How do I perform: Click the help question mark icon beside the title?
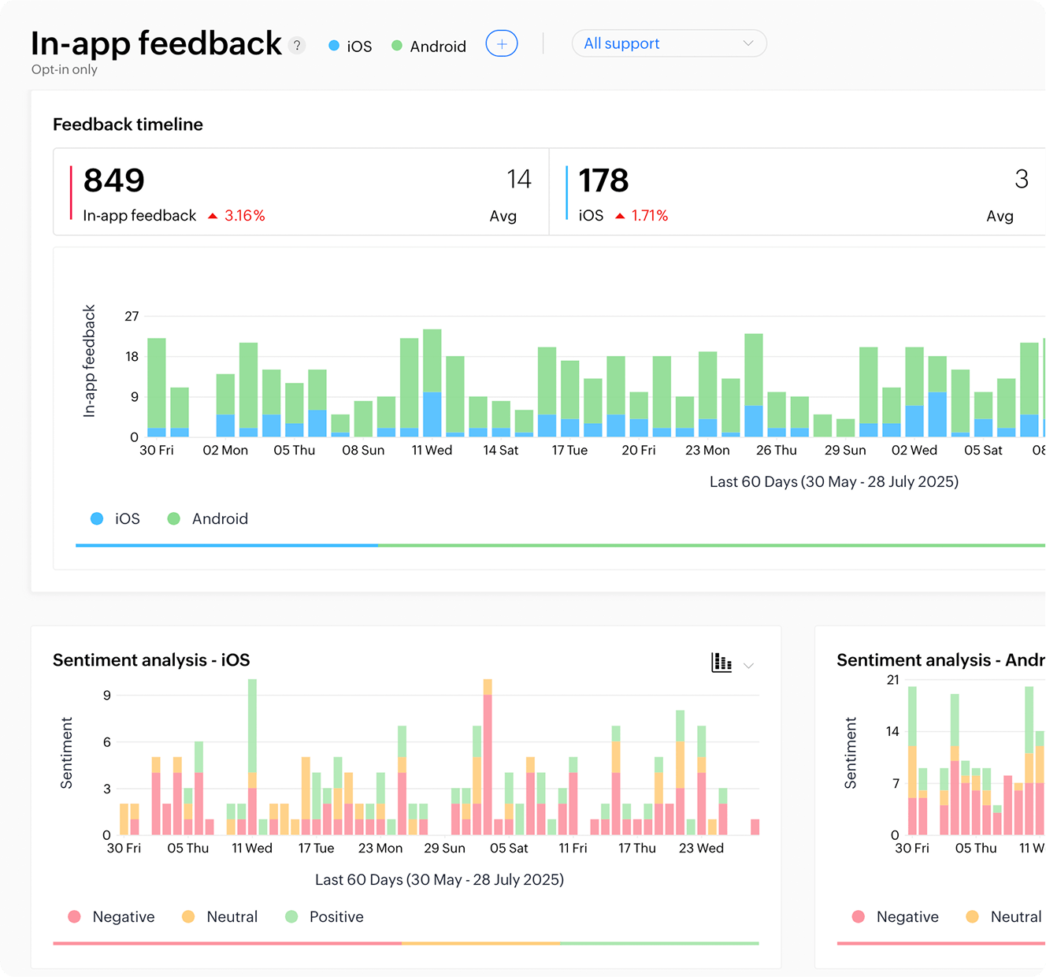click(297, 46)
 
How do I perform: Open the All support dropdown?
click(669, 43)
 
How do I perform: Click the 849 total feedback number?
click(114, 180)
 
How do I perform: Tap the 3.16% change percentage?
click(244, 216)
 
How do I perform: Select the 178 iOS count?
click(603, 180)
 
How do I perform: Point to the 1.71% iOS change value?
click(649, 216)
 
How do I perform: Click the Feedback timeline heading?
click(128, 124)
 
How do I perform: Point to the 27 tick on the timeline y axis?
click(132, 317)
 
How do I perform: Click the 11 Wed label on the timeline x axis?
click(432, 450)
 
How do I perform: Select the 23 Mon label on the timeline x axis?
click(707, 450)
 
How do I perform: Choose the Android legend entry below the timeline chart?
click(209, 518)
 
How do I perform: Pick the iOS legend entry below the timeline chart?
click(116, 518)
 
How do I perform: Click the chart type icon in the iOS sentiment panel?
click(721, 663)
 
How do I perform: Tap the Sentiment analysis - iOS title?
click(151, 660)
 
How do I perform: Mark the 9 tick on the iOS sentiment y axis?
click(107, 695)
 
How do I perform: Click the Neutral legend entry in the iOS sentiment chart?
click(221, 916)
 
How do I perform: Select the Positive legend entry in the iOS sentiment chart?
click(325, 916)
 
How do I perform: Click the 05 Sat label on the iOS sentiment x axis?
click(509, 848)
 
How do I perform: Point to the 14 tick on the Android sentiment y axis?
click(892, 731)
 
